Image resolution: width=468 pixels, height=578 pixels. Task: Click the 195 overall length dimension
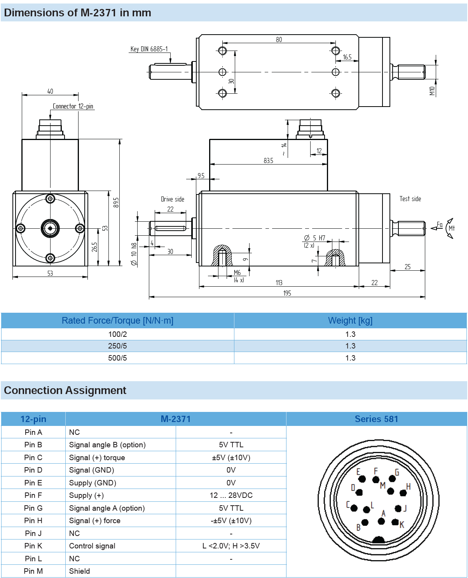287,293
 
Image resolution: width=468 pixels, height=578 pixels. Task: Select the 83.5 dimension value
268,161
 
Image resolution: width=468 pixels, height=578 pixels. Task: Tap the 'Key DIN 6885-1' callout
149,49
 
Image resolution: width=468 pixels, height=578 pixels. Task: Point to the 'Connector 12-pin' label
73,106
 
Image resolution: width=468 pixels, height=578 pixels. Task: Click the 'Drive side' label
173,199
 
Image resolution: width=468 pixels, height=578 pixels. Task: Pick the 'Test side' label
410,199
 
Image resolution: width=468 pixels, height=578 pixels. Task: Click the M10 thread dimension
432,91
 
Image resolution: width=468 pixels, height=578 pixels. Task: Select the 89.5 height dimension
116,203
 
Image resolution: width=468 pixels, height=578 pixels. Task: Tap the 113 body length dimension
279,283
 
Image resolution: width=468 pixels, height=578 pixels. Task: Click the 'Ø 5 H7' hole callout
314,238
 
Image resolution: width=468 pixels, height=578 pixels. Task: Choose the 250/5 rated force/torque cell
117,346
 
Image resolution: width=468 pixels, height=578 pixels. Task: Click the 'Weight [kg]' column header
350,321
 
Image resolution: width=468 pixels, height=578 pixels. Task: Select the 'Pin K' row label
33,546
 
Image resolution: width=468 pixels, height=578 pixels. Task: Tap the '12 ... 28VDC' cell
231,495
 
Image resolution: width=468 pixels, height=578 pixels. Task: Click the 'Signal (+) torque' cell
97,457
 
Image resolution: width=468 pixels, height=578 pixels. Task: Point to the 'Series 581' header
376,419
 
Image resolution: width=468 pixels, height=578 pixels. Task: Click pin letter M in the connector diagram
383,485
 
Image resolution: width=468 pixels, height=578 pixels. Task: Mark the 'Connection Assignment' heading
65,390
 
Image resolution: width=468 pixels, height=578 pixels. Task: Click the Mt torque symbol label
451,228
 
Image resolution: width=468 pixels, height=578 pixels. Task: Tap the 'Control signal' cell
92,546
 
